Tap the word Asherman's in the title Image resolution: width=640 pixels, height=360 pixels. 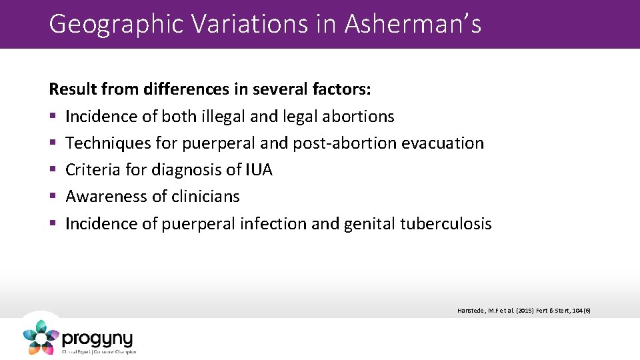[x=413, y=25]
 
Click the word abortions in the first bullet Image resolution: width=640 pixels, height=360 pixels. [x=358, y=116]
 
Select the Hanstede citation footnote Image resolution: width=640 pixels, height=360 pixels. [x=523, y=310]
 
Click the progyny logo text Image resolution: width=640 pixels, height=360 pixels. [x=97, y=338]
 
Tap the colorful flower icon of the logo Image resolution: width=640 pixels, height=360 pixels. [x=41, y=337]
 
